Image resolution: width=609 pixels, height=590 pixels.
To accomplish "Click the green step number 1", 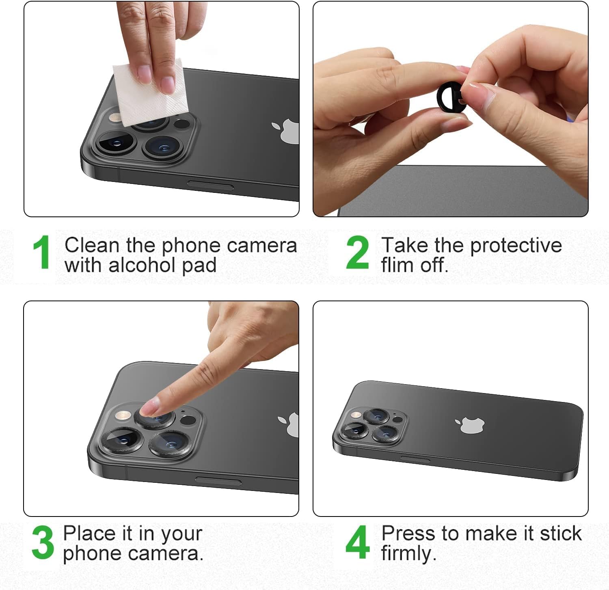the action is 42,252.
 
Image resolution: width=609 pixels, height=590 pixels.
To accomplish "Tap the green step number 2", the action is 357,252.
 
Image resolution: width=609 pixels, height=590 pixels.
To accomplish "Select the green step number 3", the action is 43,542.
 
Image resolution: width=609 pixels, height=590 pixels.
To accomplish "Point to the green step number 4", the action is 358,542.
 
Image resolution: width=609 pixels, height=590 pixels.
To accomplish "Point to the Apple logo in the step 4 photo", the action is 470,425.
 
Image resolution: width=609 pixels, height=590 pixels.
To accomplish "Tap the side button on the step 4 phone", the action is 415,460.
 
